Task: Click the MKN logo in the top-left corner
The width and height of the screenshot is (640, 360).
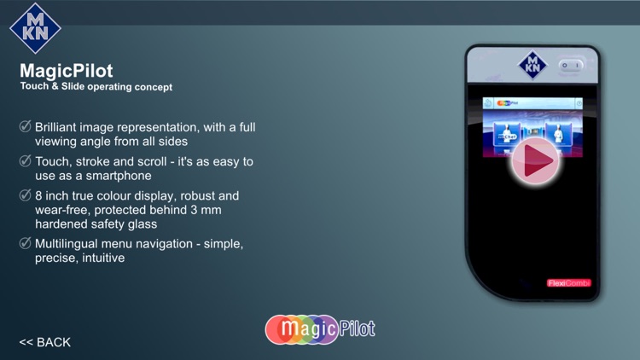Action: (x=36, y=28)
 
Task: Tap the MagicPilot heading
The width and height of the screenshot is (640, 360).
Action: (x=67, y=71)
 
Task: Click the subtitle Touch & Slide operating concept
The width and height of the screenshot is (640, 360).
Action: (x=96, y=87)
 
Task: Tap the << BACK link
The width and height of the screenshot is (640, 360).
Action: (x=45, y=342)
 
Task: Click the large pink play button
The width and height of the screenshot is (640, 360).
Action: (x=535, y=160)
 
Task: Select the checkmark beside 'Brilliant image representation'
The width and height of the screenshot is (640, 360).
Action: (x=26, y=127)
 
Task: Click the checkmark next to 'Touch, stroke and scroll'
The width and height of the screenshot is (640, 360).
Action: (x=26, y=161)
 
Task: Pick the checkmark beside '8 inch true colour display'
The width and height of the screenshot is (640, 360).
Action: (x=26, y=195)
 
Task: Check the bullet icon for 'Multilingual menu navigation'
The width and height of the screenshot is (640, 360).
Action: (x=26, y=243)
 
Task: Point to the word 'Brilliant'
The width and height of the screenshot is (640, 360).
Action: (x=61, y=127)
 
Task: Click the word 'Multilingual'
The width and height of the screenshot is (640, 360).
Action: (x=71, y=243)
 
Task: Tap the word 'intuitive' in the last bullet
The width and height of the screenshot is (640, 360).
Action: (x=103, y=257)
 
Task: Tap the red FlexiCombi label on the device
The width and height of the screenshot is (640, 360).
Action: (x=568, y=283)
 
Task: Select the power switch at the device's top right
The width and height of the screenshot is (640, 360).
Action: (x=570, y=65)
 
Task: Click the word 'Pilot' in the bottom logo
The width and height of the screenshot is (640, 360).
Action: (x=358, y=328)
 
